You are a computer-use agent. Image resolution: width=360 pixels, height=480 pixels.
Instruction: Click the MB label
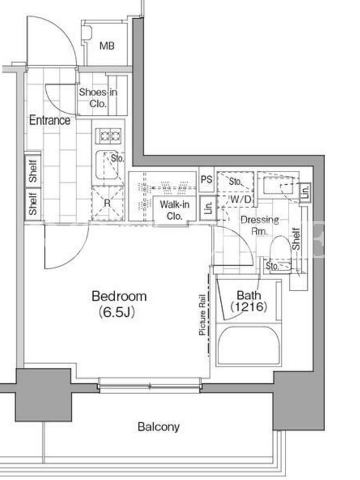pos(107,46)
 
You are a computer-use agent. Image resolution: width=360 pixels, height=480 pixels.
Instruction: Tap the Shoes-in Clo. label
pos(98,98)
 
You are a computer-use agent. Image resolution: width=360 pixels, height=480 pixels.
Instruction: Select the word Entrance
pos(50,121)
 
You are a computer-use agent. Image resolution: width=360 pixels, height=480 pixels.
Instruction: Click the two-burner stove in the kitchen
pos(109,136)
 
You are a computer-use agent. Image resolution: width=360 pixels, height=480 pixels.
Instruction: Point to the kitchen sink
pos(107,166)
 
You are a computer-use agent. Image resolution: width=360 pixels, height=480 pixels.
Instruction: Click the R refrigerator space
pos(108,203)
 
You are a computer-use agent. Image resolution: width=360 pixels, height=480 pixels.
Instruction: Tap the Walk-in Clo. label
pos(175,211)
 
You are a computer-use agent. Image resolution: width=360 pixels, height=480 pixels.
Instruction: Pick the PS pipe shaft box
pos(206,179)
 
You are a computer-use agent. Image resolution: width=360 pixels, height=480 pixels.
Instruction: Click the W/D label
pos(241,200)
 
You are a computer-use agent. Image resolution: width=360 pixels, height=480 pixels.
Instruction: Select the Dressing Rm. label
pos(260,225)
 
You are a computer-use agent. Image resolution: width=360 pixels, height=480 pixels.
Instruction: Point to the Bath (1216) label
pos(249,301)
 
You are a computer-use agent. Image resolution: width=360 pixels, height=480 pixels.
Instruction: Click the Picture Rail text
pos(202,314)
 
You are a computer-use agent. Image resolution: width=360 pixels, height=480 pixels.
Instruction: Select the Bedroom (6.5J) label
pos(119,304)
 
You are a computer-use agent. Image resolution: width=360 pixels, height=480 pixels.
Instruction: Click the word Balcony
pos(158,427)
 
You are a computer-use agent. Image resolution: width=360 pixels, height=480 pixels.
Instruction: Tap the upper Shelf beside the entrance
pos(33,171)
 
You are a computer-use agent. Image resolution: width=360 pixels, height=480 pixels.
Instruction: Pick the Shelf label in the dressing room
pos(296,238)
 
